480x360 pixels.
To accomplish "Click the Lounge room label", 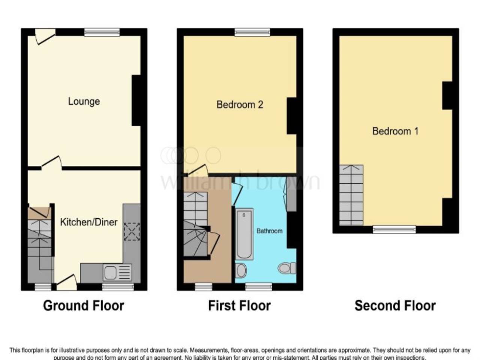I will click(84, 101).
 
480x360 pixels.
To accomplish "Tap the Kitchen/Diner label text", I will click(88, 222).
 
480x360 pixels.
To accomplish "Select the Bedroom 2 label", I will click(240, 104).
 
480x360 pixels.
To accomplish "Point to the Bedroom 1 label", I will click(395, 131).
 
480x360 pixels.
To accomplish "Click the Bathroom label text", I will click(269, 231).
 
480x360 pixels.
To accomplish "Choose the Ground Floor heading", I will click(83, 306).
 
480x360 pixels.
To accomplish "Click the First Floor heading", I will click(239, 306).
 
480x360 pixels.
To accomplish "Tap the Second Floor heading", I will click(395, 306).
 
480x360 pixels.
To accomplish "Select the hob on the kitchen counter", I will click(132, 231).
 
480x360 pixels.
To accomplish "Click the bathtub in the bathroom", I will click(244, 234).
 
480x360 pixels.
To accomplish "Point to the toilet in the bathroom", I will click(287, 268).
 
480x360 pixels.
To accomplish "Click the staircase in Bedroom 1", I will click(351, 195).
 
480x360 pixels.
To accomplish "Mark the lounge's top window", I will click(102, 32).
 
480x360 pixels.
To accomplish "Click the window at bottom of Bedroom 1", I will click(394, 229).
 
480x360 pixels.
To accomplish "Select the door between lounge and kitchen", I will click(51, 163).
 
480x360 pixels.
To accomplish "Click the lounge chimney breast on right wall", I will click(136, 100).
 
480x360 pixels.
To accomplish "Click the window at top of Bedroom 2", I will click(252, 32).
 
